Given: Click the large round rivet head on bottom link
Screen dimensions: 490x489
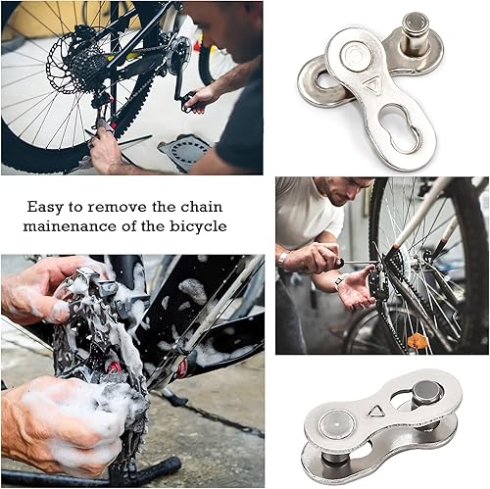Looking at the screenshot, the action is pos(337,424).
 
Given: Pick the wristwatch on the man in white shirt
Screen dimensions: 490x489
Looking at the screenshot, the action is pos(283,261).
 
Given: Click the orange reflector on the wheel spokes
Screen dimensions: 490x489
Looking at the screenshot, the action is pos(417,341).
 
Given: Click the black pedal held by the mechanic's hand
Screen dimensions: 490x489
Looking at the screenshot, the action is pos(188,101).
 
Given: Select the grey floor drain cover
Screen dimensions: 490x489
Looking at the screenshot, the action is pos(186,151).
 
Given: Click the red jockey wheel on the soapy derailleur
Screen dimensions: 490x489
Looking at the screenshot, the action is pos(114,367).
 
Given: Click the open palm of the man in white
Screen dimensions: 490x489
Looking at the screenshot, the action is pos(356,289).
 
